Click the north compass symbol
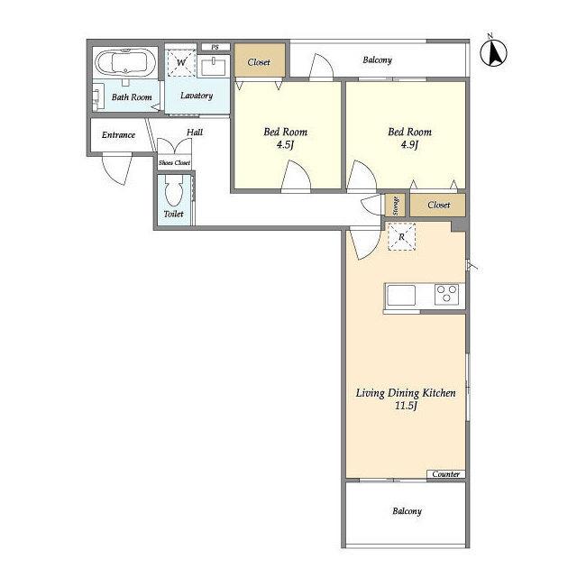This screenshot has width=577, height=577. pos(493,51)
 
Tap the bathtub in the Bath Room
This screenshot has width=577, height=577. pos(125,62)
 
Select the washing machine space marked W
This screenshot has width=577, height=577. pos(181,62)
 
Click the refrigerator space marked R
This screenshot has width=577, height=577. pos(401,236)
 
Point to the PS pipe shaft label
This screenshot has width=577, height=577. pos(215,47)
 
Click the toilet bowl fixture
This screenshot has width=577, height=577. pos(173,191)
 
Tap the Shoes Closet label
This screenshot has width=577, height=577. pos(174,162)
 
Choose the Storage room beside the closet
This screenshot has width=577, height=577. pos(395,206)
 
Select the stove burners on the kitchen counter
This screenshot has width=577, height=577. pos(446,294)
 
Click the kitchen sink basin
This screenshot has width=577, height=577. pos(401,296)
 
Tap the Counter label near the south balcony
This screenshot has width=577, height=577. pos(446,474)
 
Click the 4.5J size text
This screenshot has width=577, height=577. pos(285,144)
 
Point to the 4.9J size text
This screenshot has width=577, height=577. pos(409,144)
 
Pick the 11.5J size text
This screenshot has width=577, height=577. pos(406,406)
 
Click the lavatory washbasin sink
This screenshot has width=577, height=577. pos(214,67)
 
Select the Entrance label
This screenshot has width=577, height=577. pos(118,135)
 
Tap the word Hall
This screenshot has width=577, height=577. pos(195,133)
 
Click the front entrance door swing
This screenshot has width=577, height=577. pos(117,169)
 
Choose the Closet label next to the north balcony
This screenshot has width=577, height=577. pos(259,62)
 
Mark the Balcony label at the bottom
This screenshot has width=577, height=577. pos(407,511)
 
